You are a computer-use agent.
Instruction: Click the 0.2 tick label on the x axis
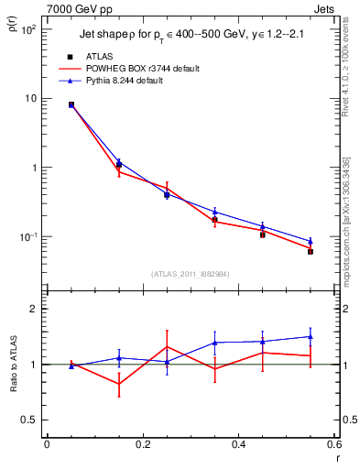coord(142,445)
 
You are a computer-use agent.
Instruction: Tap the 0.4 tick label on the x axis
coord(238,445)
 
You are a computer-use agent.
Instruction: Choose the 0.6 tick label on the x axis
coord(333,445)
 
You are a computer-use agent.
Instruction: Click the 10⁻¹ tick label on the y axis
coord(27,237)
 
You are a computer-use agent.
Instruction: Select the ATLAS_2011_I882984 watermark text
coord(190,273)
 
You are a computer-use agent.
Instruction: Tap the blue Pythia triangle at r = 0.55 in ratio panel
coord(311,336)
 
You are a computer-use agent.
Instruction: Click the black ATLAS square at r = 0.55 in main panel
coord(311,251)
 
